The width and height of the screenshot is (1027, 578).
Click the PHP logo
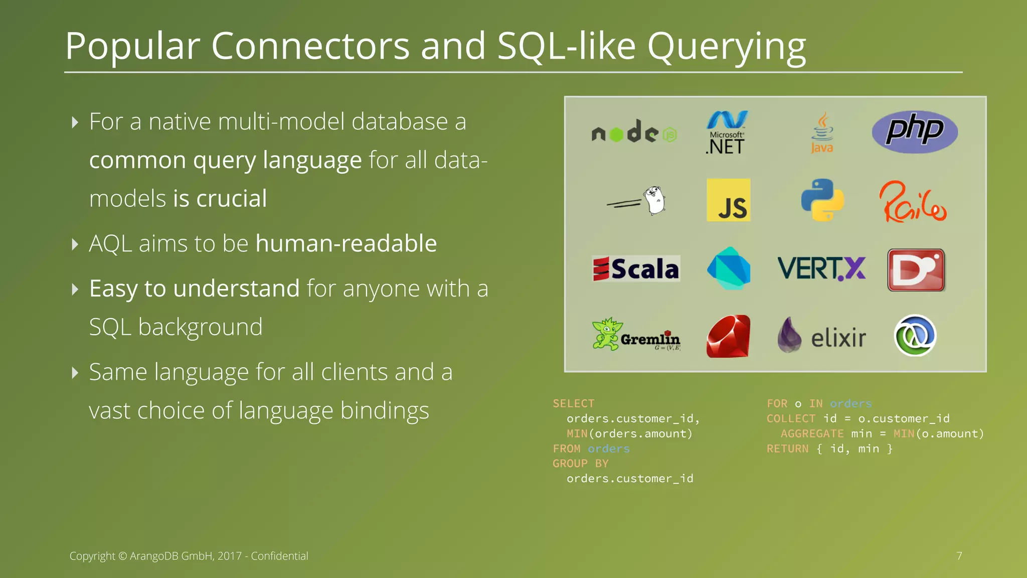(915, 131)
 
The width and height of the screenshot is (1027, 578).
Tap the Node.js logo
(634, 132)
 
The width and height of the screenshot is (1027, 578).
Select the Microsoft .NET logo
(727, 132)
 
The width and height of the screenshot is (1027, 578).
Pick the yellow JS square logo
(728, 200)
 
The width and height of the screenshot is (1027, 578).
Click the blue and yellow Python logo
(822, 200)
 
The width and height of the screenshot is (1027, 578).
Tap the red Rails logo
(913, 202)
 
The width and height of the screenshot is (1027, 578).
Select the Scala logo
(636, 269)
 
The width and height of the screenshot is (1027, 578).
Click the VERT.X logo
(821, 268)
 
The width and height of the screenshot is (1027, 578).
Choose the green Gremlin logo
(636, 335)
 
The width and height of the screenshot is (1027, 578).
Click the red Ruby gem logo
(728, 336)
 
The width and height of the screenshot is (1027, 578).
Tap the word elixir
(838, 338)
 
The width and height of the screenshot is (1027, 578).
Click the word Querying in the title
(726, 47)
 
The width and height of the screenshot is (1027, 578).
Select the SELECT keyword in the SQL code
(573, 403)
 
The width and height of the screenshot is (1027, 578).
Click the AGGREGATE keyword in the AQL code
(812, 434)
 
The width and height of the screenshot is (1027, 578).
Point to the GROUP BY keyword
(580, 464)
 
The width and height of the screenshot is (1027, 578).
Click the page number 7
(959, 556)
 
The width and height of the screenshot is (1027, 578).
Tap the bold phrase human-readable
(346, 244)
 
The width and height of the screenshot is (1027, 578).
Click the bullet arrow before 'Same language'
(75, 372)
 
